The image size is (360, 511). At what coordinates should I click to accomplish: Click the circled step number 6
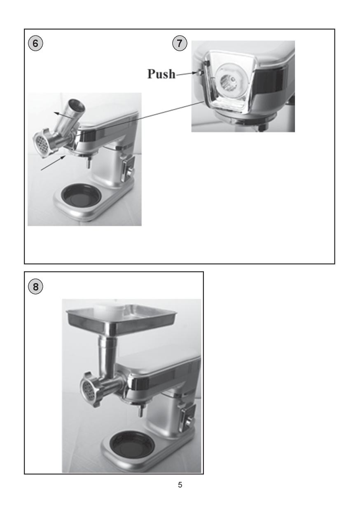click(35, 43)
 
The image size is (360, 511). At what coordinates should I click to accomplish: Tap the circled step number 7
click(180, 43)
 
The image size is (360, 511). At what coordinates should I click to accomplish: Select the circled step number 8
click(35, 286)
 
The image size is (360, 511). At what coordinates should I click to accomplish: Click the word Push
click(161, 74)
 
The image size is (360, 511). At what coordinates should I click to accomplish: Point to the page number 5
click(180, 490)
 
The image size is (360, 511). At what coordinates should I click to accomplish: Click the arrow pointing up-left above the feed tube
click(65, 115)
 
